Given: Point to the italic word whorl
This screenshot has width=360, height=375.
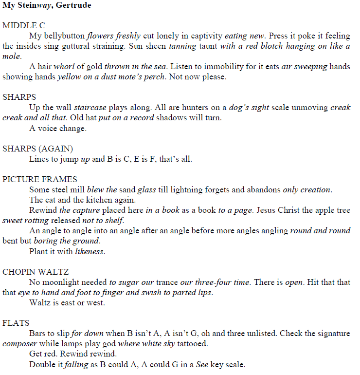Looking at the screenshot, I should coord(63,67).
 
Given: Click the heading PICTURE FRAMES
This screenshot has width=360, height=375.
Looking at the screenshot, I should coord(40,179).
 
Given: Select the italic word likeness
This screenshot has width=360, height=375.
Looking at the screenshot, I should coord(90,251).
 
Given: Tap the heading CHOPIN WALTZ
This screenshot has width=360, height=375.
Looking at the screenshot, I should coord(36,272).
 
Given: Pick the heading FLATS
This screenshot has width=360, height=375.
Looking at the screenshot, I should coord(16,323).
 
